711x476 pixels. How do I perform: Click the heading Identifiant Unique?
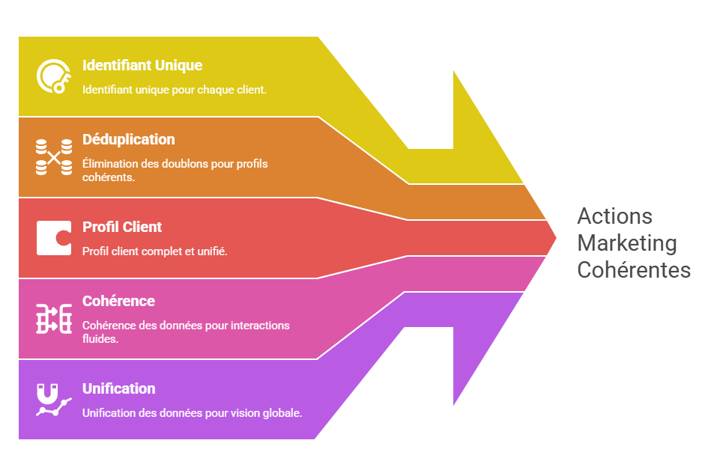click(x=142, y=66)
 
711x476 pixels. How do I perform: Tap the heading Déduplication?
click(x=128, y=140)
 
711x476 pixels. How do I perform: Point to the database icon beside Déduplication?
click(x=54, y=157)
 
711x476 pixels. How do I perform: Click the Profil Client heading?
click(x=121, y=228)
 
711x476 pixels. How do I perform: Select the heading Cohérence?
click(x=118, y=301)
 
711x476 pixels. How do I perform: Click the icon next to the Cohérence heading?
click(x=54, y=319)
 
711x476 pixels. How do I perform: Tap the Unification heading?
click(x=118, y=388)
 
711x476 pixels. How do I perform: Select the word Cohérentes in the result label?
click(x=633, y=269)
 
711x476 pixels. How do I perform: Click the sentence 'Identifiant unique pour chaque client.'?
click(x=175, y=89)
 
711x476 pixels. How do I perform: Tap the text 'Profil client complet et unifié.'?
click(x=154, y=251)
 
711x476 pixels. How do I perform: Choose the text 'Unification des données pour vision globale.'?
click(x=192, y=413)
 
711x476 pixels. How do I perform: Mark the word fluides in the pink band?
click(x=100, y=338)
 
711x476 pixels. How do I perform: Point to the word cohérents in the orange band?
click(x=108, y=177)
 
